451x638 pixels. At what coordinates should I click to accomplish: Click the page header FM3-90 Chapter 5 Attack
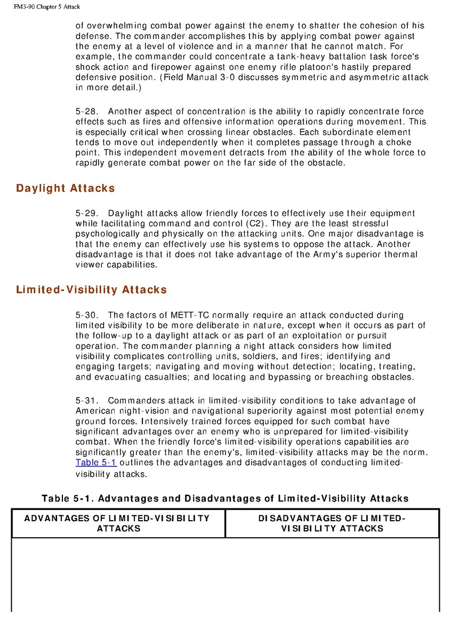tap(41, 6)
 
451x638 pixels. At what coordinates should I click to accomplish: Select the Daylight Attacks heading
tap(66, 188)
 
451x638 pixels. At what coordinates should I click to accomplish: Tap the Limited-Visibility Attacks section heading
tap(91, 290)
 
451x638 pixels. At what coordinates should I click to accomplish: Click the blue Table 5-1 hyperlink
tap(96, 463)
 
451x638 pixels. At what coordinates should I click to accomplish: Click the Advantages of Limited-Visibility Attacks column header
tap(118, 523)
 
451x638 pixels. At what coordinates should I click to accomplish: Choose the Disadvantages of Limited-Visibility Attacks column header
tap(332, 523)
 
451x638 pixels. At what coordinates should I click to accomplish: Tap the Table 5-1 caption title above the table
tap(225, 499)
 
